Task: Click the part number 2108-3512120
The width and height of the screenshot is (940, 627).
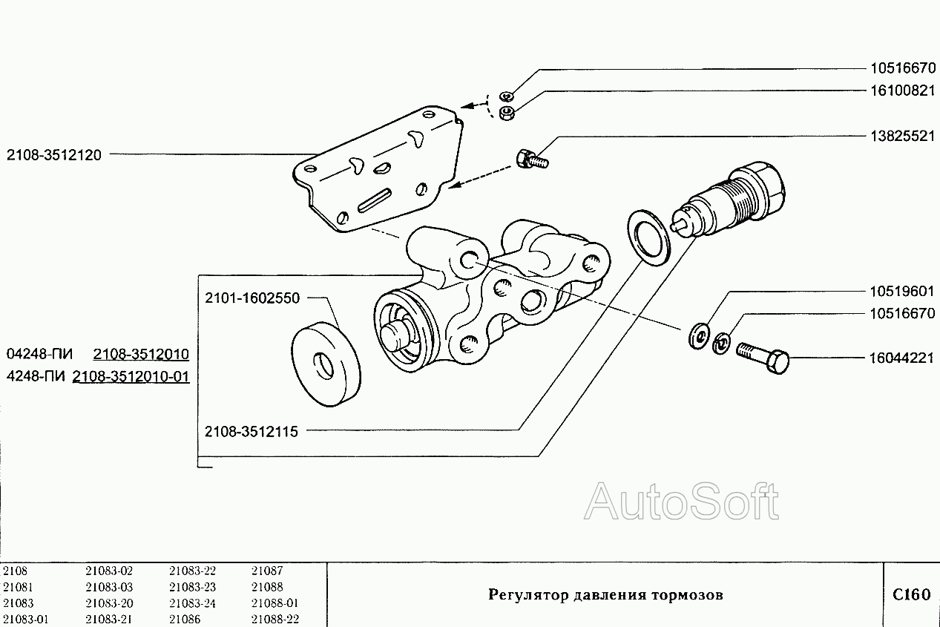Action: [x=55, y=155]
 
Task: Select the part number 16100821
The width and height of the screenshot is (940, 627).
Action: [x=901, y=91]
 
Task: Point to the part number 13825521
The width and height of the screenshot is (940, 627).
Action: [x=901, y=137]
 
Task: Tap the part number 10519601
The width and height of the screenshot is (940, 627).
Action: [x=901, y=291]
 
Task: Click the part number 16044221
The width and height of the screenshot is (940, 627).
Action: [x=901, y=358]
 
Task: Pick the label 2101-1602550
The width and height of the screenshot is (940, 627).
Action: [x=252, y=298]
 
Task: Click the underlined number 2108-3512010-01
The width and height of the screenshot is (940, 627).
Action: [x=131, y=376]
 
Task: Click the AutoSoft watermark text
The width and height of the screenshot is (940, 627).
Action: [x=682, y=502]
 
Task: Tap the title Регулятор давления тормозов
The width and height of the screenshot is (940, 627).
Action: [x=605, y=595]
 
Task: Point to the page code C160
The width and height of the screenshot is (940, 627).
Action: [x=910, y=595]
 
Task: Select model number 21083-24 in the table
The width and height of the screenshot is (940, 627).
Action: [x=192, y=603]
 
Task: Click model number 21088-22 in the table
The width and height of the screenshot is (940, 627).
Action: [x=275, y=620]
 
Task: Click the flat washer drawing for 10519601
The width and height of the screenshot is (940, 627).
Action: [x=699, y=335]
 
